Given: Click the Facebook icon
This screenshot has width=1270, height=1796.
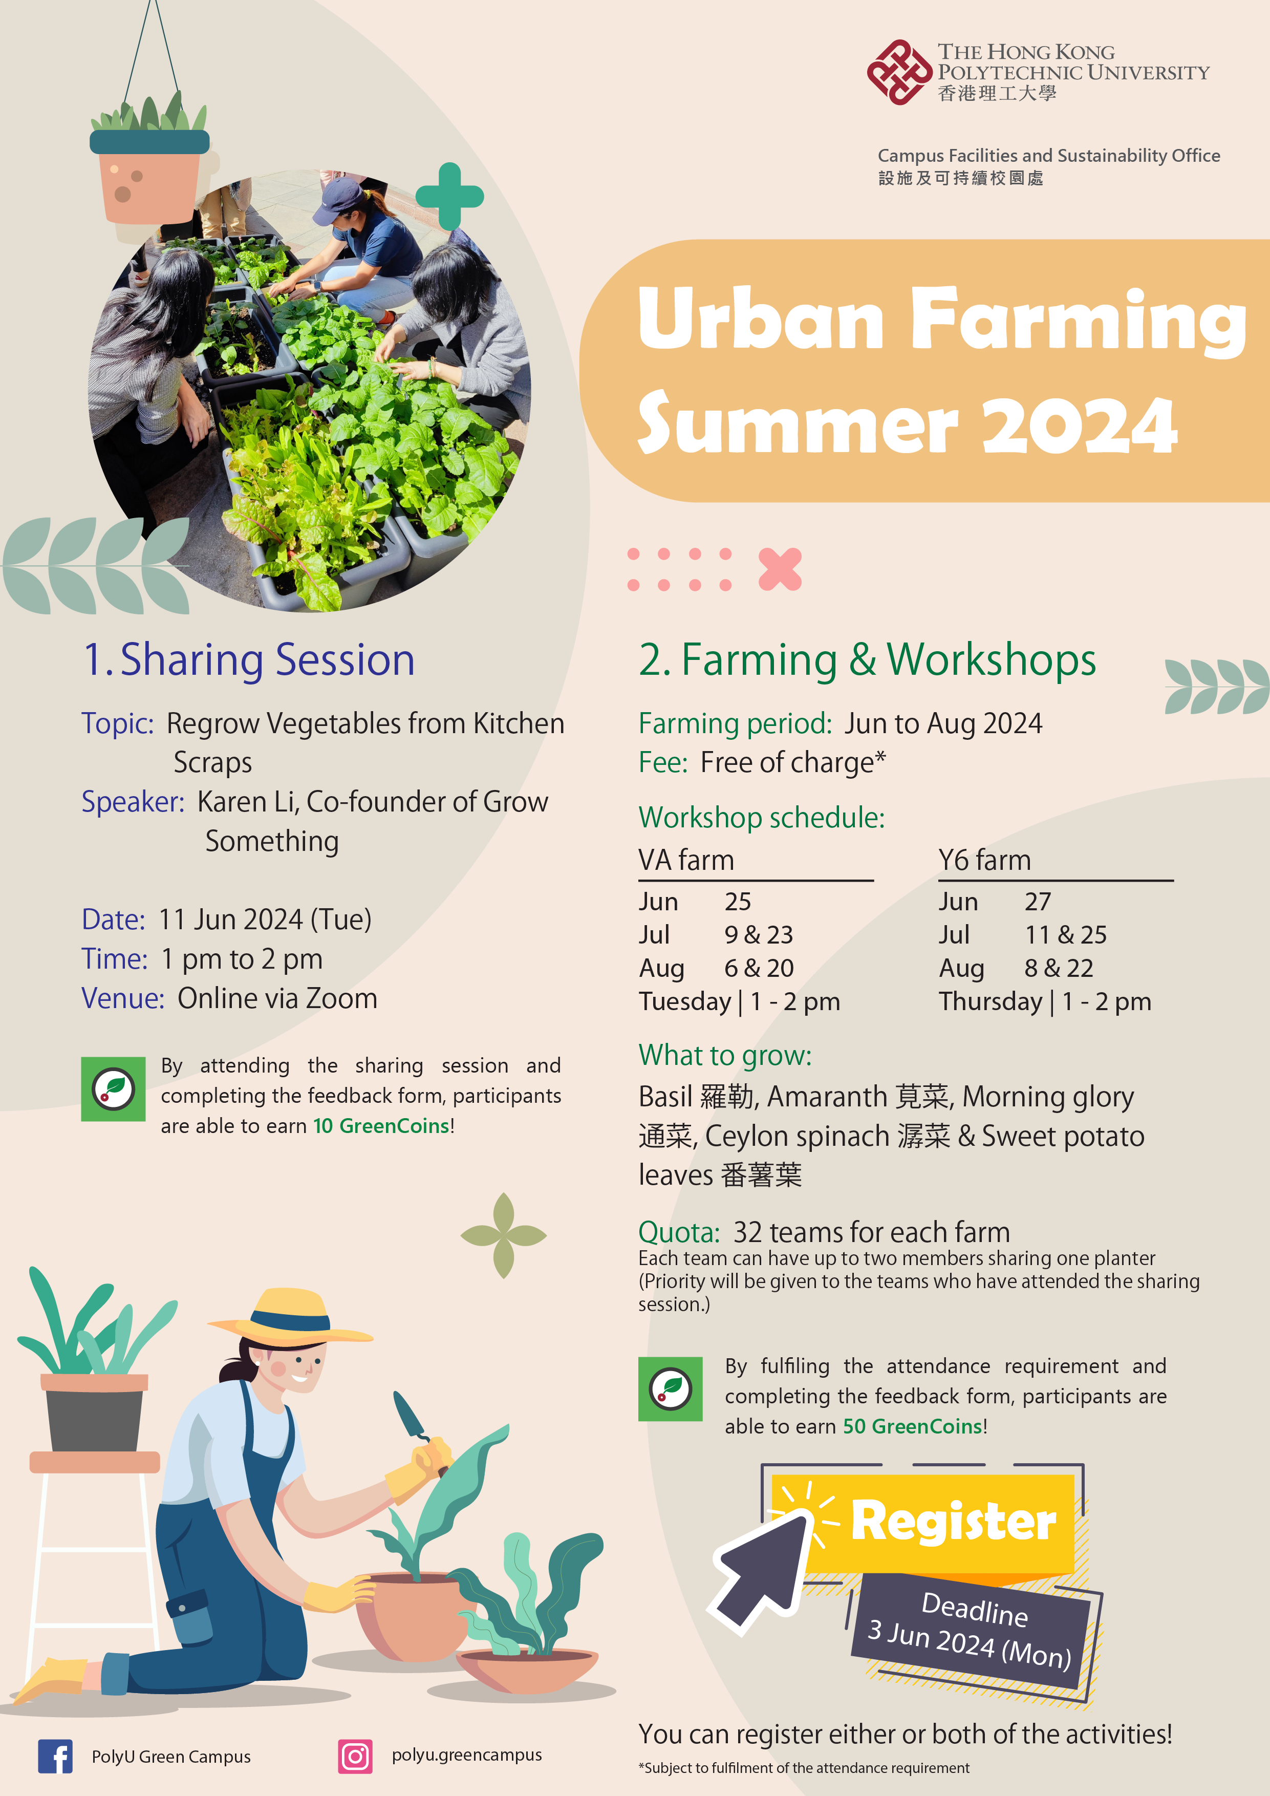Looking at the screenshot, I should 55,1756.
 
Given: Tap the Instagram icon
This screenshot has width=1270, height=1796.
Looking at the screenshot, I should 355,1756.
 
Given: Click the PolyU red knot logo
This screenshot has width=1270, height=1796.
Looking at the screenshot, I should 899,72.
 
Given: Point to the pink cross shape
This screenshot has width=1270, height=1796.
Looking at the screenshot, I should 780,569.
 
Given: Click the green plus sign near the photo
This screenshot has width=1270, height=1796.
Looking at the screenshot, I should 449,196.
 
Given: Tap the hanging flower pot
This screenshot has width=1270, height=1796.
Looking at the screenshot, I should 148,176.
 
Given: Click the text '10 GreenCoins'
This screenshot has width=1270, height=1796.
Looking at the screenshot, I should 382,1126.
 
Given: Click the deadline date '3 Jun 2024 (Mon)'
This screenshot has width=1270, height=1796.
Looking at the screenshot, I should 970,1644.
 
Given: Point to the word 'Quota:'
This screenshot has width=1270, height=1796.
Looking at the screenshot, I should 679,1232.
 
